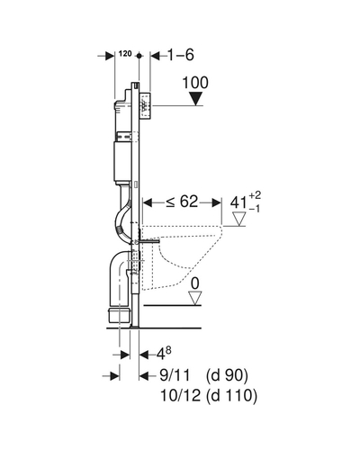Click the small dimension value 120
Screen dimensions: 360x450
pyautogui.click(x=125, y=54)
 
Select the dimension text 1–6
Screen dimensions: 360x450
pyautogui.click(x=180, y=55)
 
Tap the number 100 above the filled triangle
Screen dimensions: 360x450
pyautogui.click(x=195, y=83)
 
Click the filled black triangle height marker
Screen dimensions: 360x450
pyautogui.click(x=196, y=99)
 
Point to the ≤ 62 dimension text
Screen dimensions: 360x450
pyautogui.click(x=183, y=202)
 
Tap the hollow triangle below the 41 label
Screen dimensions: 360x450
pyautogui.click(x=239, y=219)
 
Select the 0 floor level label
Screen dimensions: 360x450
pyautogui.click(x=195, y=283)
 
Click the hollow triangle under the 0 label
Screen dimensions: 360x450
pyautogui.click(x=195, y=299)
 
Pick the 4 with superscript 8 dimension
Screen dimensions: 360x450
pyautogui.click(x=164, y=354)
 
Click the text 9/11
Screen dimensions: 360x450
pyautogui.click(x=175, y=375)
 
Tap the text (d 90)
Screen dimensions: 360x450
pyautogui.click(x=227, y=375)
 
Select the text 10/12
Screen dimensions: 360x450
pyautogui.click(x=180, y=395)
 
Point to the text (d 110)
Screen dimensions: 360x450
pyautogui.click(x=231, y=396)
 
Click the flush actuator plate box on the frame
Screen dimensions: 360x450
pyautogui.click(x=145, y=105)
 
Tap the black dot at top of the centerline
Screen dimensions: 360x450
pyautogui.click(x=139, y=56)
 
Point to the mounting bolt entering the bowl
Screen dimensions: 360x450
pyautogui.click(x=149, y=240)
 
